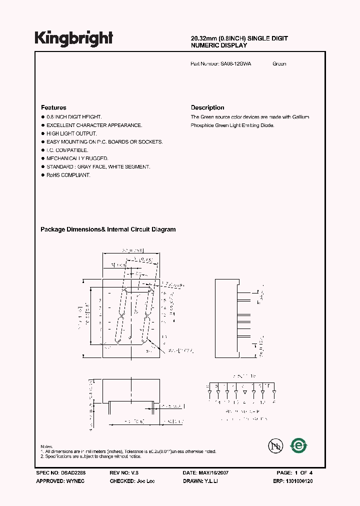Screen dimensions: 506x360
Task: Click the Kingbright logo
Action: coord(73,38)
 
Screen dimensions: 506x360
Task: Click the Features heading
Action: coord(53,107)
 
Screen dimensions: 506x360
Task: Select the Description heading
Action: coord(207,107)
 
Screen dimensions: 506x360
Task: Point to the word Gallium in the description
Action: coord(300,117)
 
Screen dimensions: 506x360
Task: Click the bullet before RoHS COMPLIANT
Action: coord(42,175)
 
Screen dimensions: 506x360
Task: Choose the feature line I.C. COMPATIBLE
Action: coord(67,150)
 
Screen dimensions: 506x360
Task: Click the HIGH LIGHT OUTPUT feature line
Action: coord(71,133)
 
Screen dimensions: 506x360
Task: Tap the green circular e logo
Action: coord(299,445)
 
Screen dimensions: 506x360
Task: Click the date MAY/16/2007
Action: coord(213,472)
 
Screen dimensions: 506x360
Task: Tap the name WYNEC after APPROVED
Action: coord(75,481)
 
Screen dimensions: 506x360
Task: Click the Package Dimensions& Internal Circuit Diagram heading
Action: coord(108,229)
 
